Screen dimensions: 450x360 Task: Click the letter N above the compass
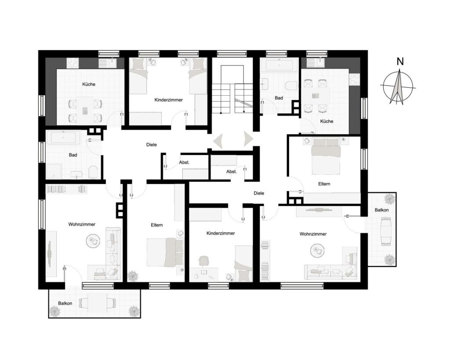[x=400, y=61]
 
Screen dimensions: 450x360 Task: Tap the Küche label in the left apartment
[x=89, y=84]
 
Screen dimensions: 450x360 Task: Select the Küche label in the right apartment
[x=327, y=121]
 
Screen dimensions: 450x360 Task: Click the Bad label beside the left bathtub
[x=73, y=155]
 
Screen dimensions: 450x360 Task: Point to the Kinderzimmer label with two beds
[x=168, y=100]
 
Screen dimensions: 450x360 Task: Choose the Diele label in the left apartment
[x=152, y=145]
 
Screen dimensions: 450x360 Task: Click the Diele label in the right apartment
[x=259, y=193]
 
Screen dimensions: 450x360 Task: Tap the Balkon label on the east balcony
[x=382, y=210]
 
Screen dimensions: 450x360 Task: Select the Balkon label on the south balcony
[x=65, y=303]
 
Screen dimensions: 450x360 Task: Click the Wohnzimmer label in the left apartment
[x=82, y=224]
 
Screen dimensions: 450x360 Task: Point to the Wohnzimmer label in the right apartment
[x=313, y=234]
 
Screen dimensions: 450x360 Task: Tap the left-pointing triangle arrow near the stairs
[x=218, y=140]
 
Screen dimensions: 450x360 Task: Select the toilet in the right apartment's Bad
[x=292, y=86]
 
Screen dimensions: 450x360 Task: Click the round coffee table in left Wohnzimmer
[x=93, y=241]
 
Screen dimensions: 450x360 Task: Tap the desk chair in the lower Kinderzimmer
[x=203, y=261]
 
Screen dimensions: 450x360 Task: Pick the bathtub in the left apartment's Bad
[x=63, y=137]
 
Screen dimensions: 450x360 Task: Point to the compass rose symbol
[x=398, y=86]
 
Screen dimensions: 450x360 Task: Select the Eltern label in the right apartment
[x=324, y=184]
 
